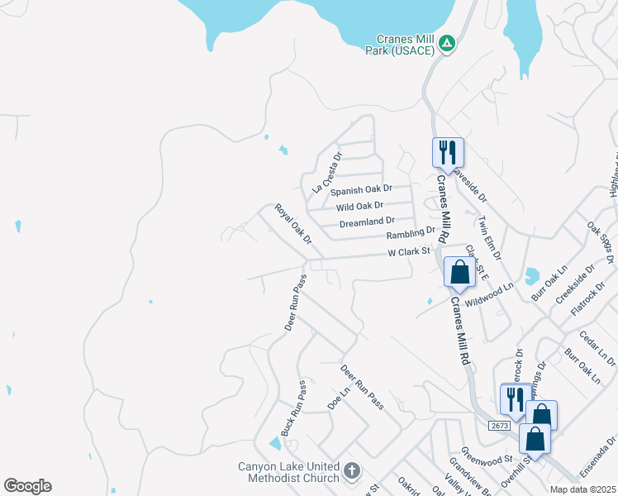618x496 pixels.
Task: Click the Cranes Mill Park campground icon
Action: tap(446, 42)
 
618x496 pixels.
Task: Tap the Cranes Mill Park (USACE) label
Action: tap(405, 45)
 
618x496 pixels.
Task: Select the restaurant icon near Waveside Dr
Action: tap(448, 152)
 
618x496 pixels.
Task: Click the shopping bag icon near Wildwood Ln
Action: tap(459, 272)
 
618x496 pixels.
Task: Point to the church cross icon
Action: tap(352, 471)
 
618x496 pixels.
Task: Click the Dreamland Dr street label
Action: tap(367, 222)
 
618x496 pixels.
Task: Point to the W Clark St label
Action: tap(410, 251)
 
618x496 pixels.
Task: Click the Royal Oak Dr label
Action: tap(293, 224)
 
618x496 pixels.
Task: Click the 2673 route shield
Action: tap(499, 425)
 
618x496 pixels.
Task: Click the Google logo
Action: tap(27, 485)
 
